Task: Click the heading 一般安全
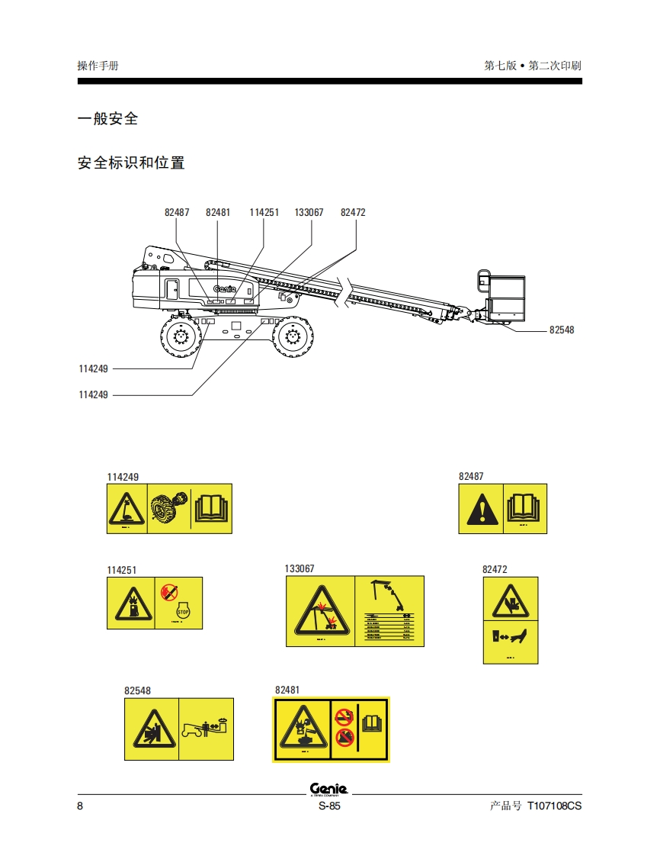pos(108,119)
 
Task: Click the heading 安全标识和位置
pos(131,163)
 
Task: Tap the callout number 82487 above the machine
pos(177,213)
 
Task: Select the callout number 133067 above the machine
pos(309,213)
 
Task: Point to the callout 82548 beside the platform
pos(562,330)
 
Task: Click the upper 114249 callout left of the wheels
pos(94,368)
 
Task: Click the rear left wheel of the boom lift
pos(181,336)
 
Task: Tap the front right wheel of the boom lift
pos(293,336)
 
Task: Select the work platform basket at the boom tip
pos(505,296)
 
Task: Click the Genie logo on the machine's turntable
pos(226,289)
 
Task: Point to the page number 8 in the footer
pos(80,806)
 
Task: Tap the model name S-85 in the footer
pos(329,806)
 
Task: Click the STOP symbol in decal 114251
pos(182,611)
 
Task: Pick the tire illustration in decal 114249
pos(168,508)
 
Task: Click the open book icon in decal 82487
pos(524,507)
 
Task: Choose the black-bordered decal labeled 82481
pos(331,729)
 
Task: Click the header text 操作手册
pos(98,66)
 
